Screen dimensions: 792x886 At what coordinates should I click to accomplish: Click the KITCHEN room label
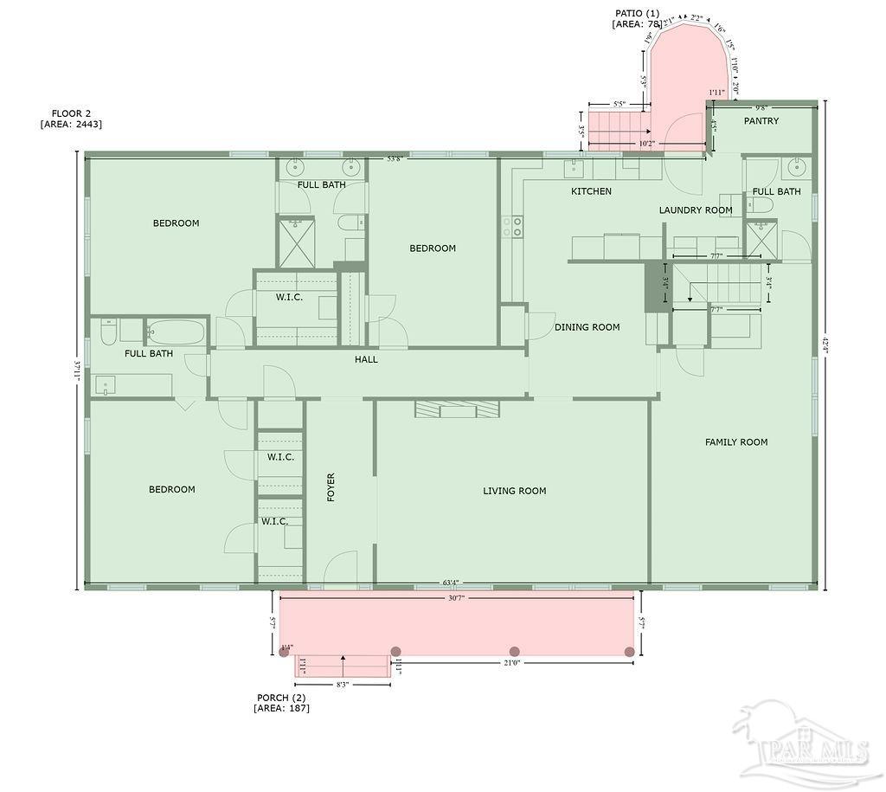tap(591, 191)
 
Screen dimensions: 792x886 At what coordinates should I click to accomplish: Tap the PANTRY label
tap(761, 121)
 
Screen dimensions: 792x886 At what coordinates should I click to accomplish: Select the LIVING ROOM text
tap(514, 491)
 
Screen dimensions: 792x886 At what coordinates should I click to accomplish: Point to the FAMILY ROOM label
tap(736, 442)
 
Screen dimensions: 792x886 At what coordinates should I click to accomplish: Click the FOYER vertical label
tap(331, 488)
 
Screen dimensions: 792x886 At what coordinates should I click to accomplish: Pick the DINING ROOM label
tap(587, 327)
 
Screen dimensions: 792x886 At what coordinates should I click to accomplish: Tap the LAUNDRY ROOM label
tap(696, 210)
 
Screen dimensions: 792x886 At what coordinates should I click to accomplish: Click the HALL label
tap(366, 359)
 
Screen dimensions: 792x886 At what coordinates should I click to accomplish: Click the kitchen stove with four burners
tap(512, 227)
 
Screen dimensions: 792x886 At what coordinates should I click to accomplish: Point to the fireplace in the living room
tap(457, 409)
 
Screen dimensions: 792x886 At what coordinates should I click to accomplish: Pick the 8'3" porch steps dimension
tap(343, 685)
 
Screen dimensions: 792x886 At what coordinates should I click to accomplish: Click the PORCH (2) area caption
tap(281, 703)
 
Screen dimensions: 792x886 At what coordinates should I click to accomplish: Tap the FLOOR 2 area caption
tap(71, 119)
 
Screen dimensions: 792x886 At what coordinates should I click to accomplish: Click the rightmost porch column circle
tap(630, 651)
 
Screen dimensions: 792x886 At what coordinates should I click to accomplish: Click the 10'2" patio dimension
tap(646, 144)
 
